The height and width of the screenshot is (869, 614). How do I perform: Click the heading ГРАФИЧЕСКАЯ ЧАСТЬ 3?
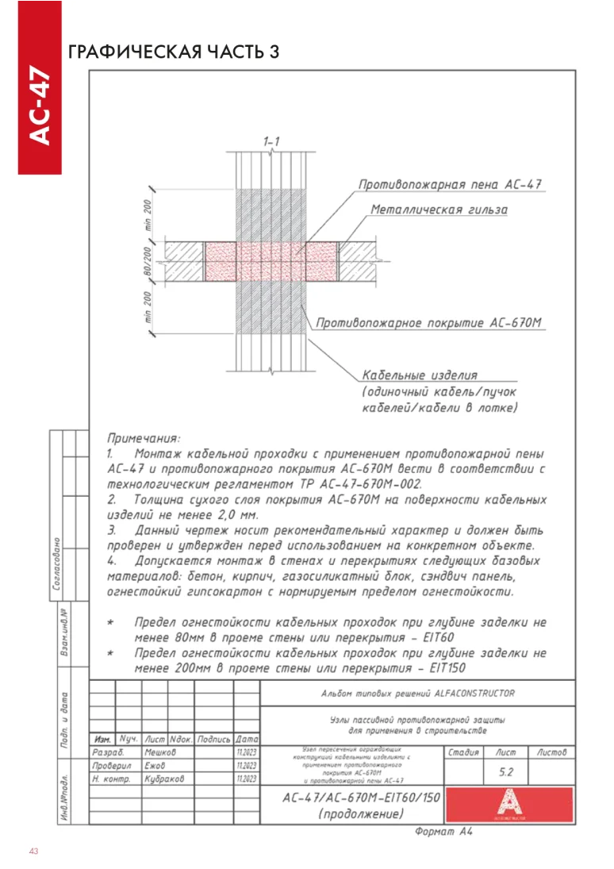click(174, 52)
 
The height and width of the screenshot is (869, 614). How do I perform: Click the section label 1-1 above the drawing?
click(271, 140)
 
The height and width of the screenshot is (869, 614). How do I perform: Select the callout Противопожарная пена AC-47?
click(450, 185)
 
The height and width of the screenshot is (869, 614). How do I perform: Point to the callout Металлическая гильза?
click(439, 210)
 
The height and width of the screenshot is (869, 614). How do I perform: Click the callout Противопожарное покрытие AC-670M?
click(428, 324)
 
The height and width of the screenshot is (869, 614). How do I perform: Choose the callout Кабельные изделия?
click(420, 375)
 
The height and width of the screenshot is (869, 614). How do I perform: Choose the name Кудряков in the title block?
click(164, 779)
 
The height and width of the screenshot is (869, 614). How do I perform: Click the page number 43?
click(33, 852)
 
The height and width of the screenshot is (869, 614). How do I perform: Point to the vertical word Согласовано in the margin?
click(58, 564)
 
